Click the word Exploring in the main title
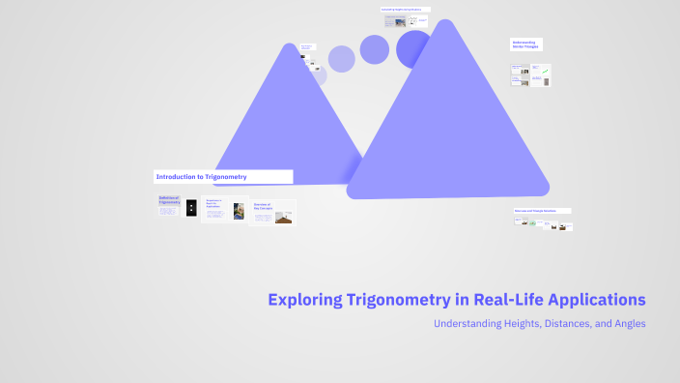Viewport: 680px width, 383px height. [303, 300]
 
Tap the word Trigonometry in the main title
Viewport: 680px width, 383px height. [396, 300]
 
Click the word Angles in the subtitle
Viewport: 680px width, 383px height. [626, 324]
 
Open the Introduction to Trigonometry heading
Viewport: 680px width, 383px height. [202, 177]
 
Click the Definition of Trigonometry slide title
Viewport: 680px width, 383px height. [169, 200]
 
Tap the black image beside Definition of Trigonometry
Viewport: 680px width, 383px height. [191, 207]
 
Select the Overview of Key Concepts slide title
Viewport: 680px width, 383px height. [264, 206]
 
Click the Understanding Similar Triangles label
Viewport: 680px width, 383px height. [524, 44]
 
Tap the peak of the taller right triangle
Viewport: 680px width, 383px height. [445, 23]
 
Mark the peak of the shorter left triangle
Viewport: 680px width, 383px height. [288, 46]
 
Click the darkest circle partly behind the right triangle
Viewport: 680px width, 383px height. [413, 48]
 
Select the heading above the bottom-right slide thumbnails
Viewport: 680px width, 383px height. [542, 210]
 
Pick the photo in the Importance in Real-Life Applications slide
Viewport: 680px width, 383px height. [239, 211]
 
